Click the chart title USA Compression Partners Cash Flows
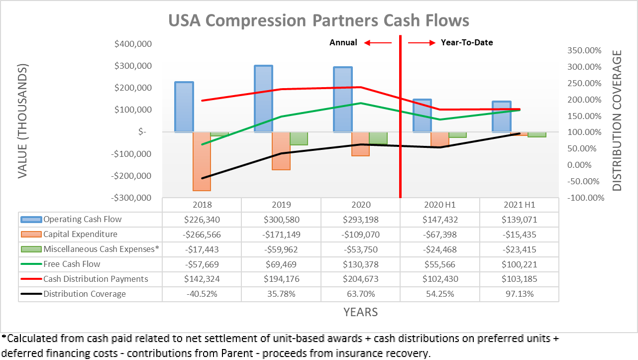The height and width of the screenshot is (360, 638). tap(319, 20)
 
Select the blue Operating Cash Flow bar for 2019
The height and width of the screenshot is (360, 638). tap(263, 99)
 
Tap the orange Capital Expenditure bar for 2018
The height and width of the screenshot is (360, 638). tap(202, 161)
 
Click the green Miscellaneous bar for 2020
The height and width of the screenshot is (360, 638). tap(378, 138)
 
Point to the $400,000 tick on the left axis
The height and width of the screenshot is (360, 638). tap(133, 44)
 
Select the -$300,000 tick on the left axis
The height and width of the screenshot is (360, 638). tap(132, 198)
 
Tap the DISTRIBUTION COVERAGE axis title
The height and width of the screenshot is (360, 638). tap(618, 120)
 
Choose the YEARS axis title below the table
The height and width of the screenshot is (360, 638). tap(360, 312)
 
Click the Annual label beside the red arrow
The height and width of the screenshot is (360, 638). tap(343, 42)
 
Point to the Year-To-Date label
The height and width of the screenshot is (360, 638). tap(467, 42)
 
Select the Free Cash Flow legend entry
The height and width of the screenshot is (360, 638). tap(72, 264)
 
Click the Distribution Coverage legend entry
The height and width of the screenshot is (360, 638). tap(85, 294)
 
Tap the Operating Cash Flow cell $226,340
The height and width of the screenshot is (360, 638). tap(202, 220)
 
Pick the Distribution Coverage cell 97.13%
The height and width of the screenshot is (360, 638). tap(519, 294)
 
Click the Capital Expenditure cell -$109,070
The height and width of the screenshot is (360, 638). tap(360, 235)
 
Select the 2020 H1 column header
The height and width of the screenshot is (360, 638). tap(440, 205)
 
